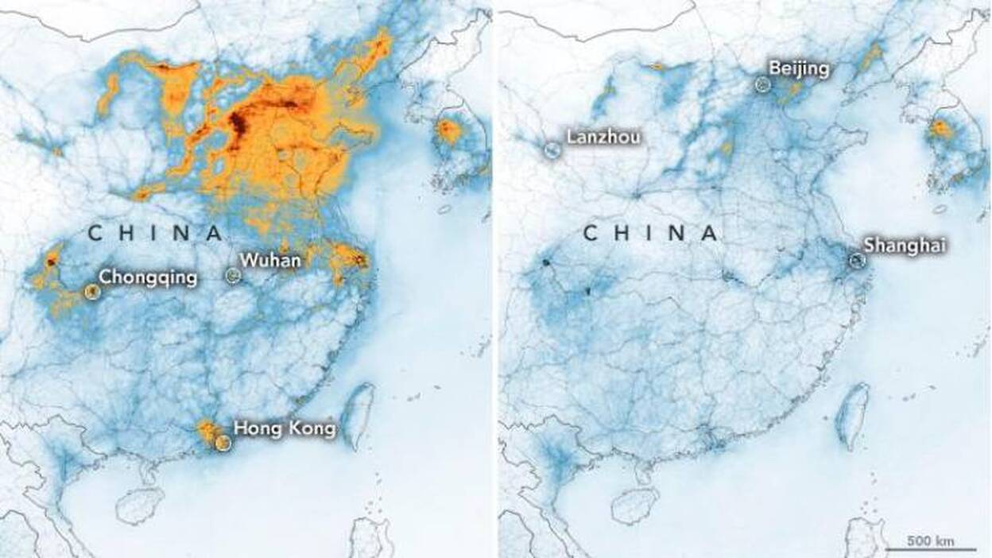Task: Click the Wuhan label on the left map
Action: [x=270, y=259]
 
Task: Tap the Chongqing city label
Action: [x=147, y=277]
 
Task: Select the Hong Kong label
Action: [x=285, y=429]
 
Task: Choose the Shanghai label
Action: [x=905, y=246]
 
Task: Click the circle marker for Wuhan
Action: [x=233, y=275]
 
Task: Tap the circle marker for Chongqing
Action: [x=92, y=292]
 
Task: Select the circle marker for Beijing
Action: [x=763, y=84]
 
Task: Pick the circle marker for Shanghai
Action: [x=855, y=260]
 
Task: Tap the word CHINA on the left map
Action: [x=155, y=233]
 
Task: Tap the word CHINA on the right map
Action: [x=650, y=233]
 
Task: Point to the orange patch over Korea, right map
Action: [x=941, y=129]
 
